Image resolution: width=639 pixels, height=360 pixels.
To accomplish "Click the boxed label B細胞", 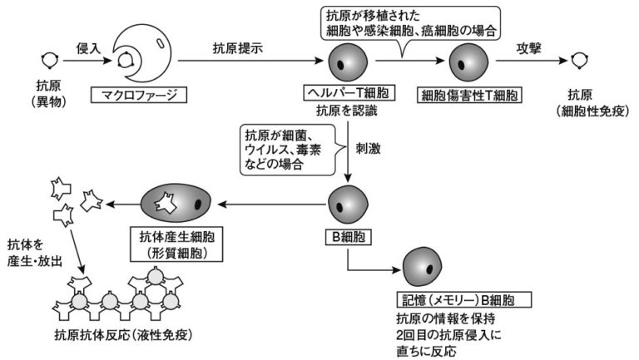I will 344,235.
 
